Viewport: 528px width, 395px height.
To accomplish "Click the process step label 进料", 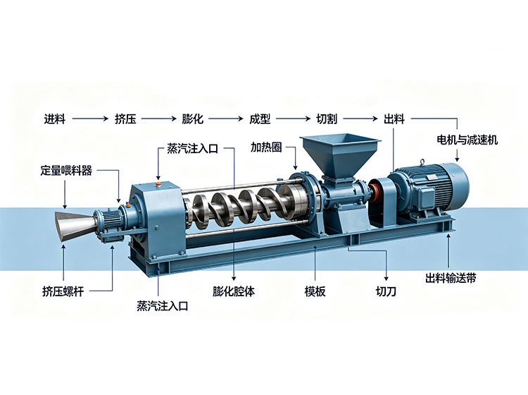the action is [54, 119].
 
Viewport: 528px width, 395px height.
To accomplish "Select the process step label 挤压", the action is [125, 119].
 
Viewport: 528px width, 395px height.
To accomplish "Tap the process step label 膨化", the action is [193, 119].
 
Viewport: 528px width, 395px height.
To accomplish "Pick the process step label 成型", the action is [260, 119].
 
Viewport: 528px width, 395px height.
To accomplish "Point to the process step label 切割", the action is [327, 119].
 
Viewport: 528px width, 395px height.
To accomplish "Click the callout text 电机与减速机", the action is [467, 140].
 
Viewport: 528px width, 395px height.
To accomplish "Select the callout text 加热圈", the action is [266, 147].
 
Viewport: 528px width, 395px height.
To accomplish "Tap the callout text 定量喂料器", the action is [66, 171].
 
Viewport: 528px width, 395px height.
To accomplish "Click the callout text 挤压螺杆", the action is [63, 291].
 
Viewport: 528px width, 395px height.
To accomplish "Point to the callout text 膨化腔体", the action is [234, 291].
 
